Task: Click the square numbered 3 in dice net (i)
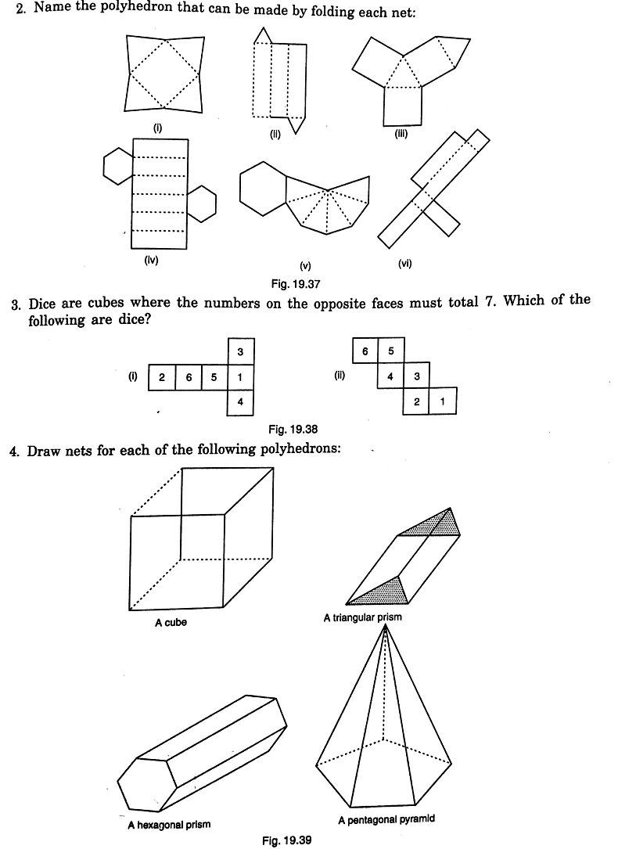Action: pos(240,352)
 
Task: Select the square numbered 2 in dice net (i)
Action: pos(160,377)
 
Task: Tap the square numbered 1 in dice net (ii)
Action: pos(443,401)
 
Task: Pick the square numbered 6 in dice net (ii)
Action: pos(365,352)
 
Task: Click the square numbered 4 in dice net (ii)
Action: pos(390,377)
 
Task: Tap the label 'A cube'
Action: pos(171,623)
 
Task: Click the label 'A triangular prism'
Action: pos(363,617)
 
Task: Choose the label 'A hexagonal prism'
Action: pos(169,824)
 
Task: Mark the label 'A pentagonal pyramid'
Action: pos(386,819)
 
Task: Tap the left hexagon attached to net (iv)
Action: pos(117,164)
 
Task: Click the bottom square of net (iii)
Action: pos(402,106)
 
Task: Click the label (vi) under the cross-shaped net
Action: pos(404,264)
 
